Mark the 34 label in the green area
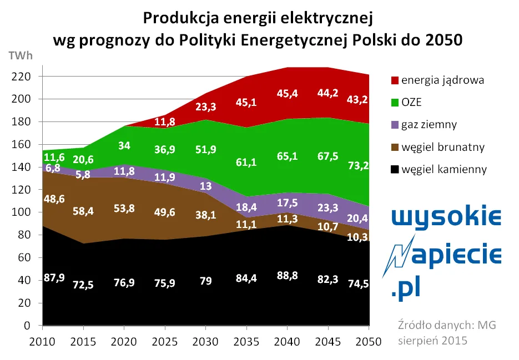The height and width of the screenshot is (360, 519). (124, 146)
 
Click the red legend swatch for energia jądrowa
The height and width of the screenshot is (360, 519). (394, 80)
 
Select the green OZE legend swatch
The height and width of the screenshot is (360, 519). (394, 102)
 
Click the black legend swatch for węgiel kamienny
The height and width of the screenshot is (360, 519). (394, 169)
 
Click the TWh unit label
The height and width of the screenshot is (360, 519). (21, 55)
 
